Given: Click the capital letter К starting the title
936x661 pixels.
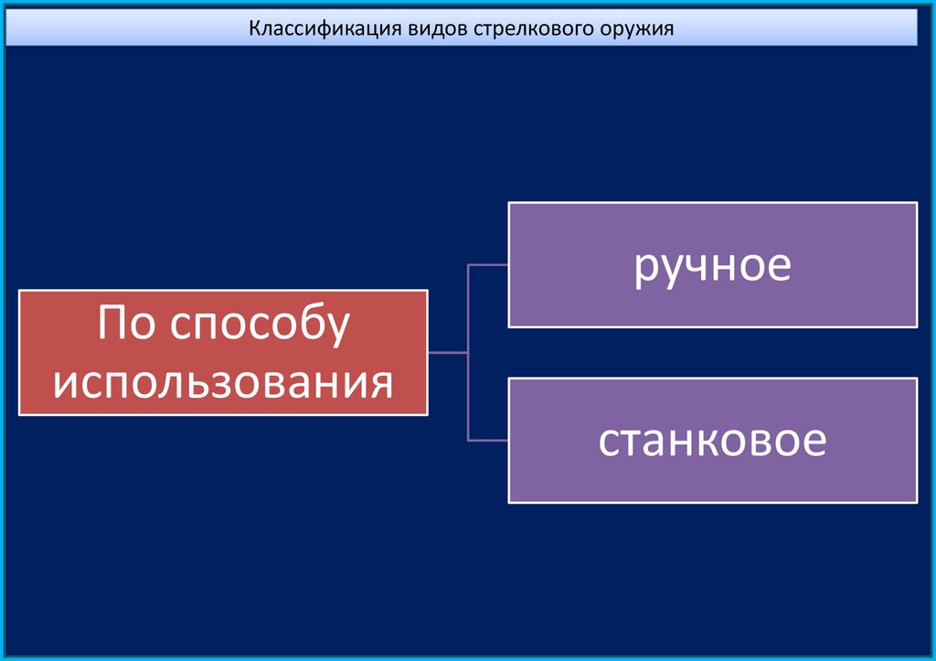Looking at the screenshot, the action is pyautogui.click(x=256, y=28).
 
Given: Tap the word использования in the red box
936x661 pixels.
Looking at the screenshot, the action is pyautogui.click(x=223, y=381).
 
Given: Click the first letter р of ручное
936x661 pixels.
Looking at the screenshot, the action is pyautogui.click(x=644, y=268).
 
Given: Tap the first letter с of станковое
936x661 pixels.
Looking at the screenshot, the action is pyautogui.click(x=609, y=442).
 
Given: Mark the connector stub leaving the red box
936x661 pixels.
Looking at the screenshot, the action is pyautogui.click(x=448, y=352).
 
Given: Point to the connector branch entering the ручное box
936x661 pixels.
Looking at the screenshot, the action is pyautogui.click(x=488, y=265).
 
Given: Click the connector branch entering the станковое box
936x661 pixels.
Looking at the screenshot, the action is pyautogui.click(x=488, y=440).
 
